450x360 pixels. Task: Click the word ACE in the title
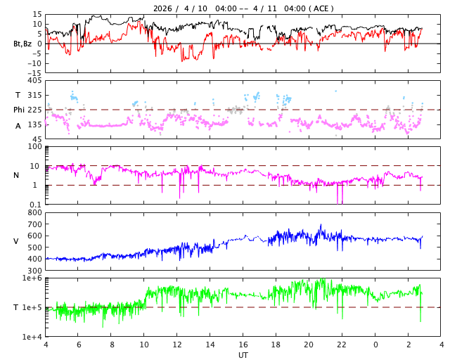click(321, 8)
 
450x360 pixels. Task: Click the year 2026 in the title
click(163, 8)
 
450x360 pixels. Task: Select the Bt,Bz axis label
click(22, 44)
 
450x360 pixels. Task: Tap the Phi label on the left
click(20, 110)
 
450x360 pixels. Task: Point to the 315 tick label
click(34, 95)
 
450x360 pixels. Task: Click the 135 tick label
click(34, 124)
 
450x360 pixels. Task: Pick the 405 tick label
click(34, 81)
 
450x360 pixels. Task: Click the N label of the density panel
click(16, 175)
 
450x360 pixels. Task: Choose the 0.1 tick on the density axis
click(35, 205)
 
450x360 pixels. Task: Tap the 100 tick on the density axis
click(35, 146)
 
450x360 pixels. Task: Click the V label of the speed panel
click(16, 241)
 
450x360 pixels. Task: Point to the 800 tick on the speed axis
click(34, 212)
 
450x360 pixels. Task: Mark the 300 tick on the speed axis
click(34, 271)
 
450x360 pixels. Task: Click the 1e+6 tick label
click(32, 278)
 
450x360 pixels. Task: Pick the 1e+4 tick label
click(32, 337)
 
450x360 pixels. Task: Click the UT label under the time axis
click(243, 355)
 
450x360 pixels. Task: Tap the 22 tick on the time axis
click(342, 345)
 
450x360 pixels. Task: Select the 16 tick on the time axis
click(243, 345)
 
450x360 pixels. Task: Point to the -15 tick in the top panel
click(33, 72)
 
